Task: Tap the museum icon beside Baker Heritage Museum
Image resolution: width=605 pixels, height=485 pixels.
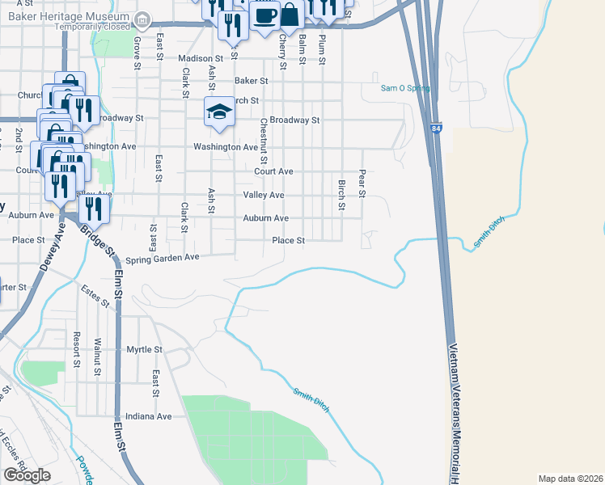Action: click(x=142, y=18)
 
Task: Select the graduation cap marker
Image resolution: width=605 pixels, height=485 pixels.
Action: click(x=218, y=112)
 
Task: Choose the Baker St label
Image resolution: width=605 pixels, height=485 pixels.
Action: click(x=251, y=81)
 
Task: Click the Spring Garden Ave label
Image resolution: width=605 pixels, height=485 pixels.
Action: click(x=163, y=259)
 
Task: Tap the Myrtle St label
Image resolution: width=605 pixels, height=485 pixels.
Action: click(x=145, y=350)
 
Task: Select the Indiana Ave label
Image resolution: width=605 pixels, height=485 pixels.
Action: click(x=153, y=416)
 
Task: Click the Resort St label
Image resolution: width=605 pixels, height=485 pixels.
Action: click(x=77, y=349)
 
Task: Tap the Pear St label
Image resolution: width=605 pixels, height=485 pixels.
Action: click(x=362, y=183)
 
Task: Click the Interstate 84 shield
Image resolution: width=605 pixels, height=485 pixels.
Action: click(x=436, y=129)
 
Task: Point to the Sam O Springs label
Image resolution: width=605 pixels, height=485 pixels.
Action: click(x=405, y=88)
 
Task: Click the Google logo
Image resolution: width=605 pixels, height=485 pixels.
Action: click(x=27, y=475)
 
